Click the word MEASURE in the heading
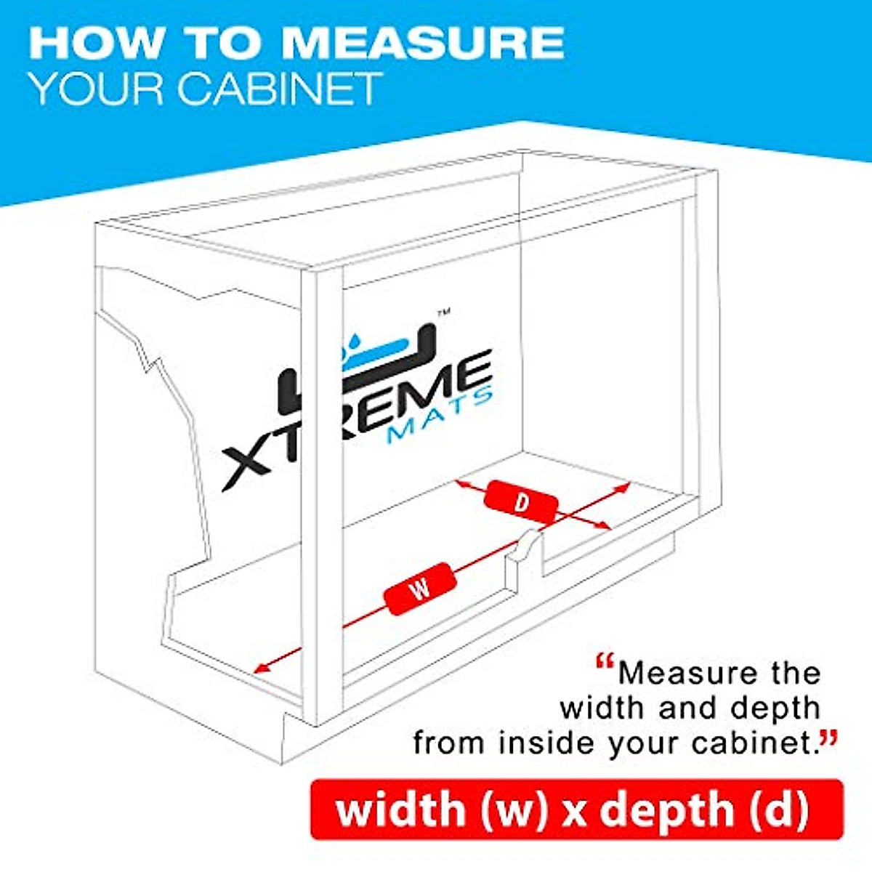(x=421, y=43)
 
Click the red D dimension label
(x=521, y=502)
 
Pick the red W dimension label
(x=421, y=589)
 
